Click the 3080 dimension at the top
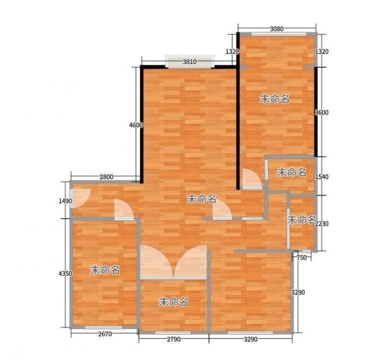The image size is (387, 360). coord(276,28)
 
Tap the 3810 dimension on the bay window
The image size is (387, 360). coord(190,62)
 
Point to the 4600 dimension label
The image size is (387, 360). coord(136,125)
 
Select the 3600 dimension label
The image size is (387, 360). coord(321,112)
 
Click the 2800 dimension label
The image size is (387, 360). coord(106,177)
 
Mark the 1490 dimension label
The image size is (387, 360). coord(66,201)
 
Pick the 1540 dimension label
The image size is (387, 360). coord(322,177)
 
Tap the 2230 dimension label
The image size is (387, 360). coord(322,224)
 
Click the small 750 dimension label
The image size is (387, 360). coord(302,257)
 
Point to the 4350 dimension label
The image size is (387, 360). coord(66,273)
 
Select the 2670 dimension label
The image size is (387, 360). coord(105,334)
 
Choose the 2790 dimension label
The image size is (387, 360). coord(174,339)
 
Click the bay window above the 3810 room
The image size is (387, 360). coord(190,62)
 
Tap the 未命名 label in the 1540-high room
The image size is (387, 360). coord(291,172)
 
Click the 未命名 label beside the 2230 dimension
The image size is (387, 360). coord(302,219)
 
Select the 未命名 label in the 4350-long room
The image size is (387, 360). coord(105,270)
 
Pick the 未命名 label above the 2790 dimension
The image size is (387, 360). coord(174,302)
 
